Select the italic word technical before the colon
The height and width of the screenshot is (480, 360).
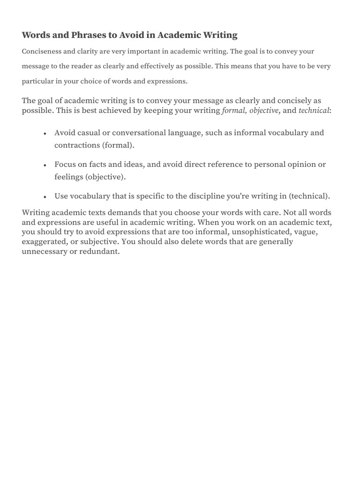(x=314, y=111)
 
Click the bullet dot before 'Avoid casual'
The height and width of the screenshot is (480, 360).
(x=44, y=134)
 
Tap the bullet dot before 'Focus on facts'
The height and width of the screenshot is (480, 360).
(x=44, y=165)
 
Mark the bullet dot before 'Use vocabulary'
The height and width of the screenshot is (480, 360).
(x=44, y=197)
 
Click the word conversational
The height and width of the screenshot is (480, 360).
(x=137, y=133)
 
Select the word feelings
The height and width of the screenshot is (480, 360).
(x=68, y=177)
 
